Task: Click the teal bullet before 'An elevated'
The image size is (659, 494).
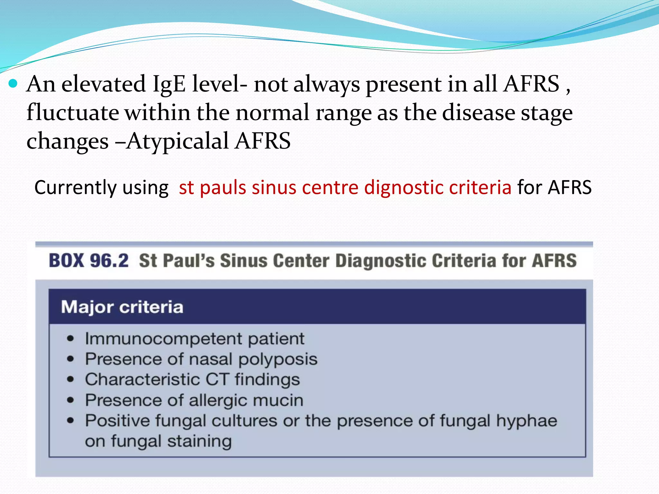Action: point(13,84)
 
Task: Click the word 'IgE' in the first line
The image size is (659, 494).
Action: point(169,84)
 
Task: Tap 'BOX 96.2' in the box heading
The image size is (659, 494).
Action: point(89,261)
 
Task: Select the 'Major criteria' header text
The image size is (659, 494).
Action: point(122,307)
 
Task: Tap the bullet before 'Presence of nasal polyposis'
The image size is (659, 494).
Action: point(70,359)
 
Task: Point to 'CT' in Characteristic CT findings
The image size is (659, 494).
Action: point(218,380)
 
